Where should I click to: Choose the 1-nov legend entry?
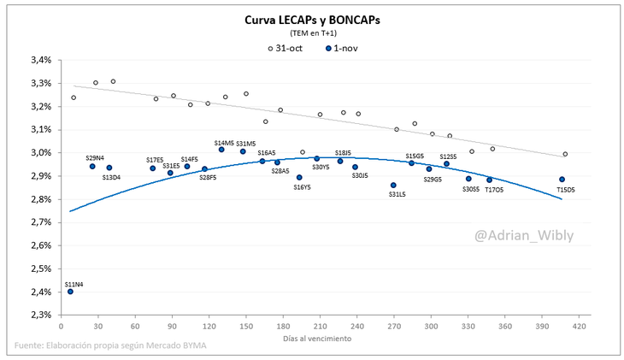[x=345, y=48]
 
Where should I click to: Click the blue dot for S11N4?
[x=70, y=292]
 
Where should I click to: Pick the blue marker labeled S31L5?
[x=393, y=185]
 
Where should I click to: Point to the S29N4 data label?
[x=95, y=157]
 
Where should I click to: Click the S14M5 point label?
[x=224, y=143]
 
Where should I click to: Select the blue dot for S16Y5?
[x=299, y=178]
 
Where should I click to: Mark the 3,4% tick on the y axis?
[x=41, y=61]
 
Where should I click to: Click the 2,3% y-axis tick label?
[x=41, y=315]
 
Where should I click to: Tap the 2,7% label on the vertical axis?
[x=41, y=222]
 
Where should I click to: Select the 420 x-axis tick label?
[x=580, y=327]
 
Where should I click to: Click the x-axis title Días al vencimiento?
[x=316, y=339]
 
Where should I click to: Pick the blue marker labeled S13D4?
[x=109, y=168]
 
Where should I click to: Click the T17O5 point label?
[x=494, y=190]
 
